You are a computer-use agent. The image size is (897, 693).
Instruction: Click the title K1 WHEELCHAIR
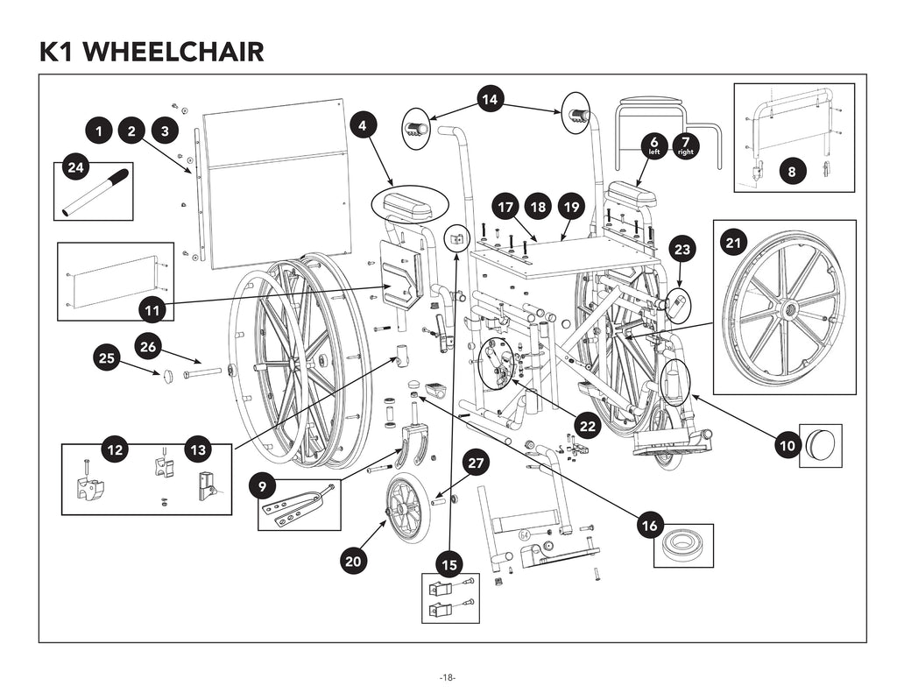[x=152, y=51]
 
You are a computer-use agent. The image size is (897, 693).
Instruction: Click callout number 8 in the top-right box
[x=792, y=172]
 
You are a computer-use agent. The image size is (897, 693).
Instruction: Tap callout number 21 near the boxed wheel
[x=734, y=240]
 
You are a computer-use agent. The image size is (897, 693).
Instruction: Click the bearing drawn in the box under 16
[x=683, y=545]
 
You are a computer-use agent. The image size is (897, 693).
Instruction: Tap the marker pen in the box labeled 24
[x=95, y=193]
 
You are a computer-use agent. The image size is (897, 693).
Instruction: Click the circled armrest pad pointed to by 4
[x=409, y=207]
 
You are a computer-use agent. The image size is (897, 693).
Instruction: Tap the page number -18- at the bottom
[x=448, y=677]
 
